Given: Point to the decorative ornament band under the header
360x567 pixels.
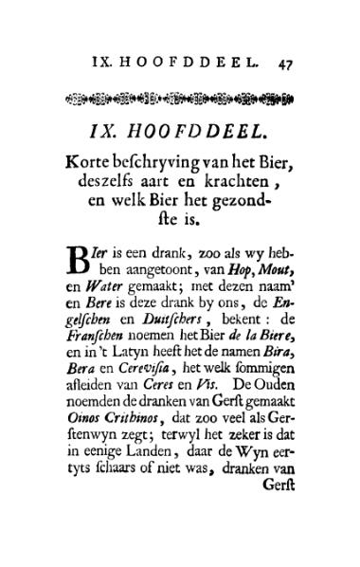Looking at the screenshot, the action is (x=179, y=98).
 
